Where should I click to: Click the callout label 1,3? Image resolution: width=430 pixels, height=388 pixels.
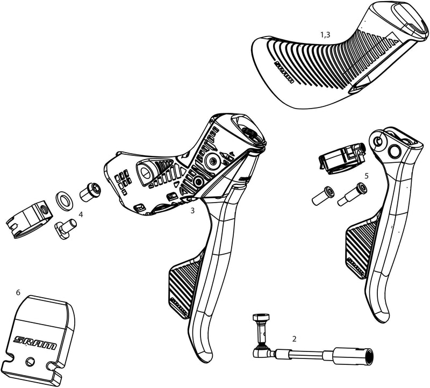pos(325,34)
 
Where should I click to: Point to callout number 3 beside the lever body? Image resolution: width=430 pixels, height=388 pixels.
pos(192,211)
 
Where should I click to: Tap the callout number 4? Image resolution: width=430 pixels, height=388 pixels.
pos(80,214)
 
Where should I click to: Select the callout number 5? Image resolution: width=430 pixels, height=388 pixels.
pos(366,176)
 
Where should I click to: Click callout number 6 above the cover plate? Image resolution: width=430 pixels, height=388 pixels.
pos(18,292)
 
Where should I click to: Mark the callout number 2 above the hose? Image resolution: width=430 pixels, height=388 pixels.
pos(294,339)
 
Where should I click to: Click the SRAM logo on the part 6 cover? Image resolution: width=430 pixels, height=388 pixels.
pos(34,340)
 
